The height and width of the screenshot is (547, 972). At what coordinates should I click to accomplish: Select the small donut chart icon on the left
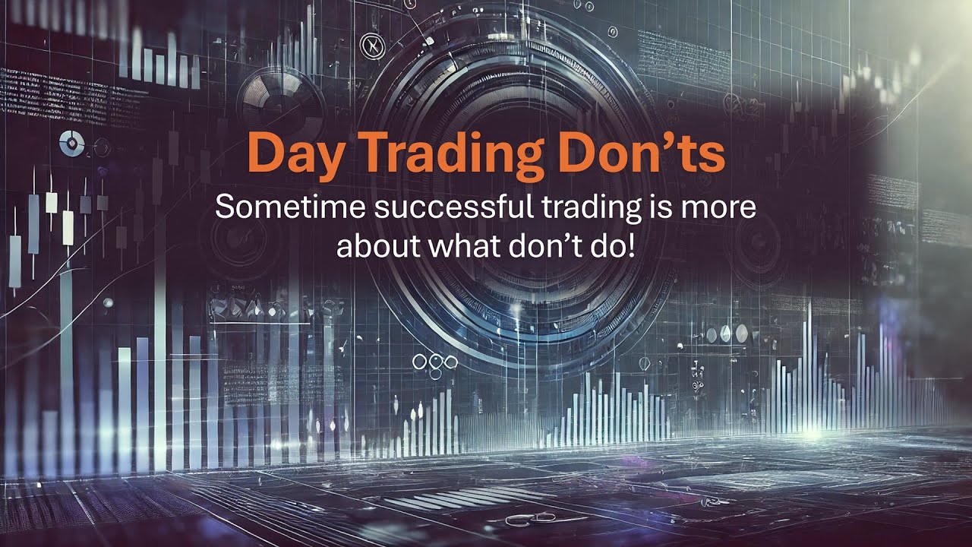(71, 142)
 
